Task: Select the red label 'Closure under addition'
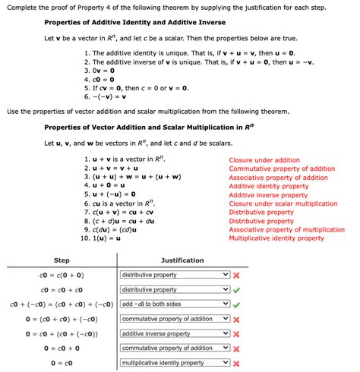(x=264, y=160)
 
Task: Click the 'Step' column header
(x=62, y=260)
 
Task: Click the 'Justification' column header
(x=182, y=260)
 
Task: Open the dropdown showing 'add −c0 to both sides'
(x=175, y=304)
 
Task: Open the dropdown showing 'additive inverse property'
(x=175, y=333)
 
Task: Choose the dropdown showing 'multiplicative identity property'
(x=175, y=363)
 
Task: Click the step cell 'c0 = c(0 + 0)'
(x=62, y=276)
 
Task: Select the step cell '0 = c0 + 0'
(x=62, y=348)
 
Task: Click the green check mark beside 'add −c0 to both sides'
(x=237, y=304)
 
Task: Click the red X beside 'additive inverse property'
(x=237, y=334)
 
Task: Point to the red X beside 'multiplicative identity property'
(x=237, y=363)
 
